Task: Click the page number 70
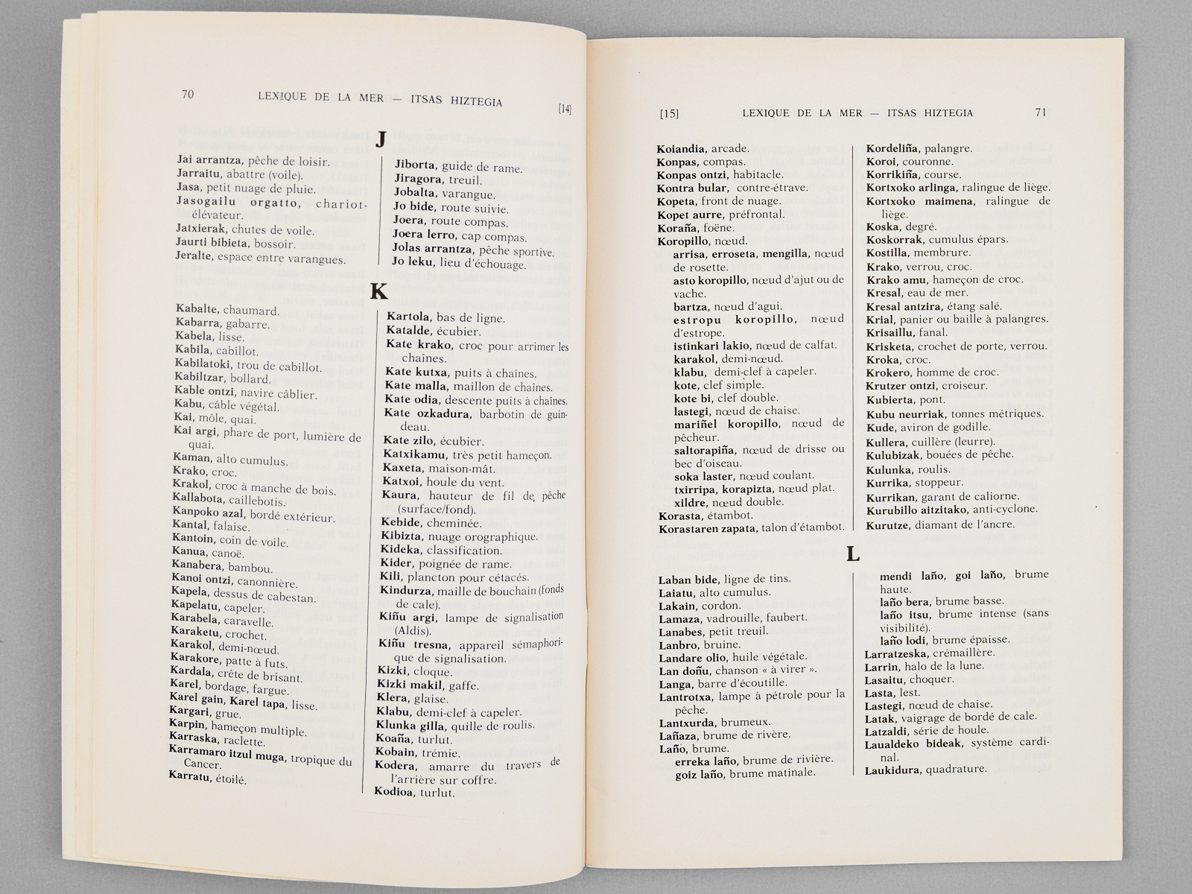coord(187,94)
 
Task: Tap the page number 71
coord(1041,112)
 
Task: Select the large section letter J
coord(381,139)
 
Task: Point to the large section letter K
coord(378,291)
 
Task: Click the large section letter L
coord(854,554)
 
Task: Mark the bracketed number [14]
coord(565,110)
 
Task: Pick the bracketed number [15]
coord(669,114)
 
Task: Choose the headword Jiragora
coord(419,180)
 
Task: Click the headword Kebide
coord(402,523)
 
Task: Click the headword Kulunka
coord(887,469)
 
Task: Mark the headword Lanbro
coord(679,644)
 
